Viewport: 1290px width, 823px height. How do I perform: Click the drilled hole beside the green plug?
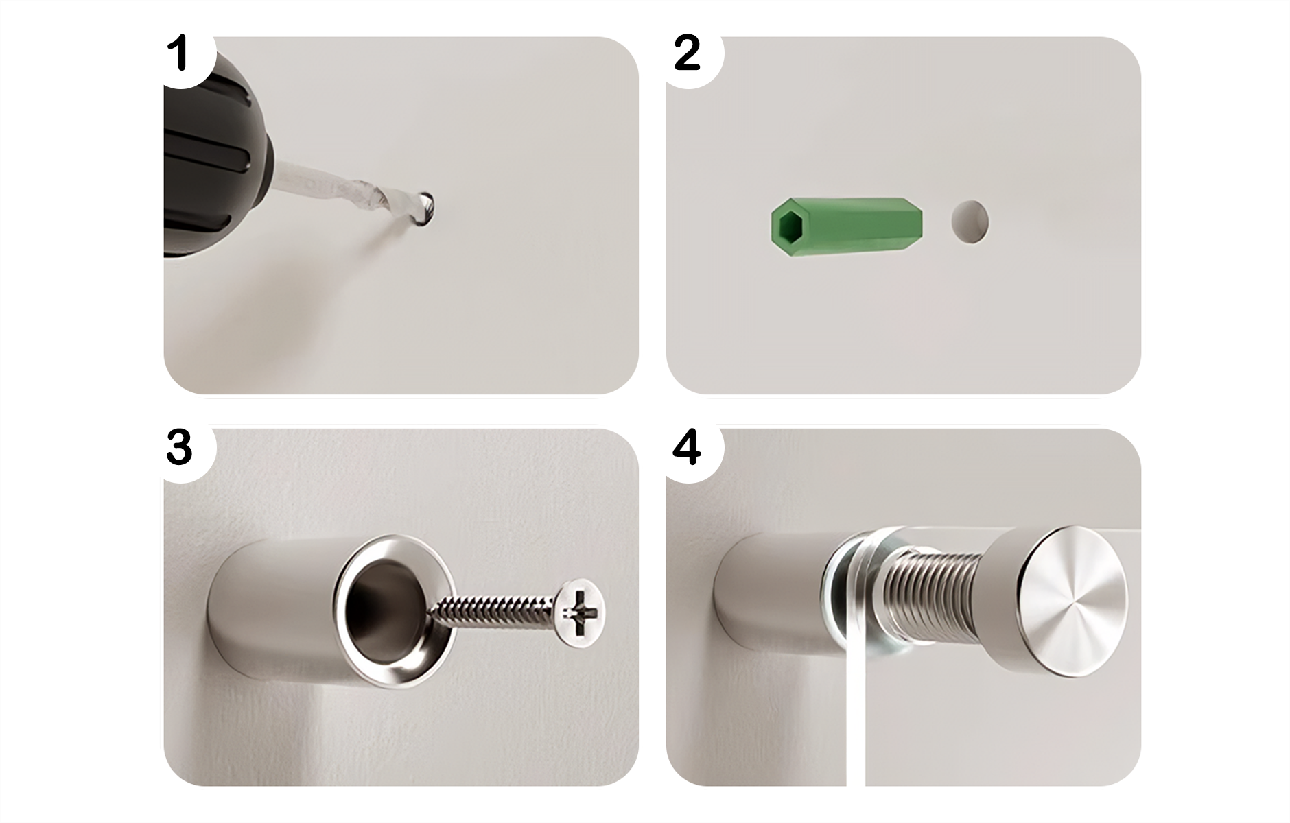970,222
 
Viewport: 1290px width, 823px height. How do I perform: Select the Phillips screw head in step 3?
579,611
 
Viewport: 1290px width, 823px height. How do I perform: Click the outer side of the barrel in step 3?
274,604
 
